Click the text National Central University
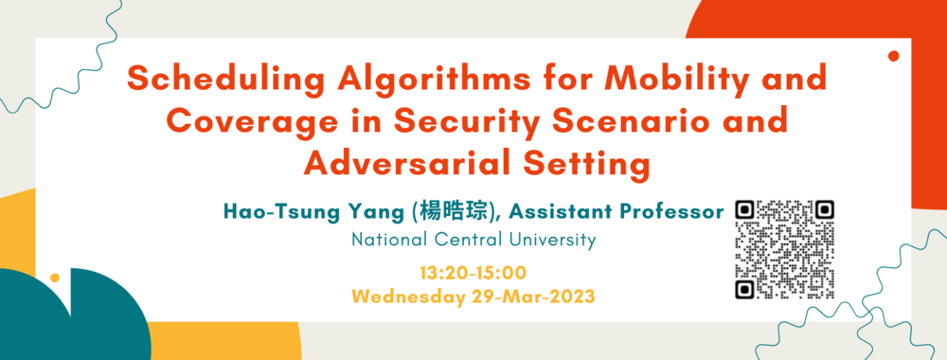[473, 240]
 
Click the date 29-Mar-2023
[535, 297]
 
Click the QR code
[786, 248]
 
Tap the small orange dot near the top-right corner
[893, 57]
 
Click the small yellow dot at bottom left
[55, 279]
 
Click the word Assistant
[555, 211]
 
